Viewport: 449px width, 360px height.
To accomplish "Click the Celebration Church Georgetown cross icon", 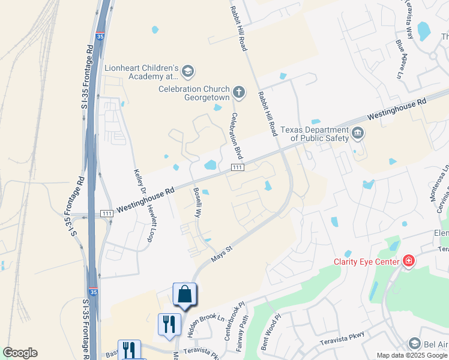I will coord(239,92).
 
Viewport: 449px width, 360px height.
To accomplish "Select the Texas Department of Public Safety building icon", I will coord(358,133).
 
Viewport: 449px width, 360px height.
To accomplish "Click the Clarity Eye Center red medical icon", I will coord(409,261).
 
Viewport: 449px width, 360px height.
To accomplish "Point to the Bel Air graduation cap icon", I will coord(414,343).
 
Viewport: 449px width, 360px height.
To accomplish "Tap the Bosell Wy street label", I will coord(197,201).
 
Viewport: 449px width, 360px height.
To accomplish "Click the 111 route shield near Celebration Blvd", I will coord(237,167).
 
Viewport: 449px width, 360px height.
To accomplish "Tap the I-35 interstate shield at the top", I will coord(100,36).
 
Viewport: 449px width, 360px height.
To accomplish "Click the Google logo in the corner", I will coord(20,353).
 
